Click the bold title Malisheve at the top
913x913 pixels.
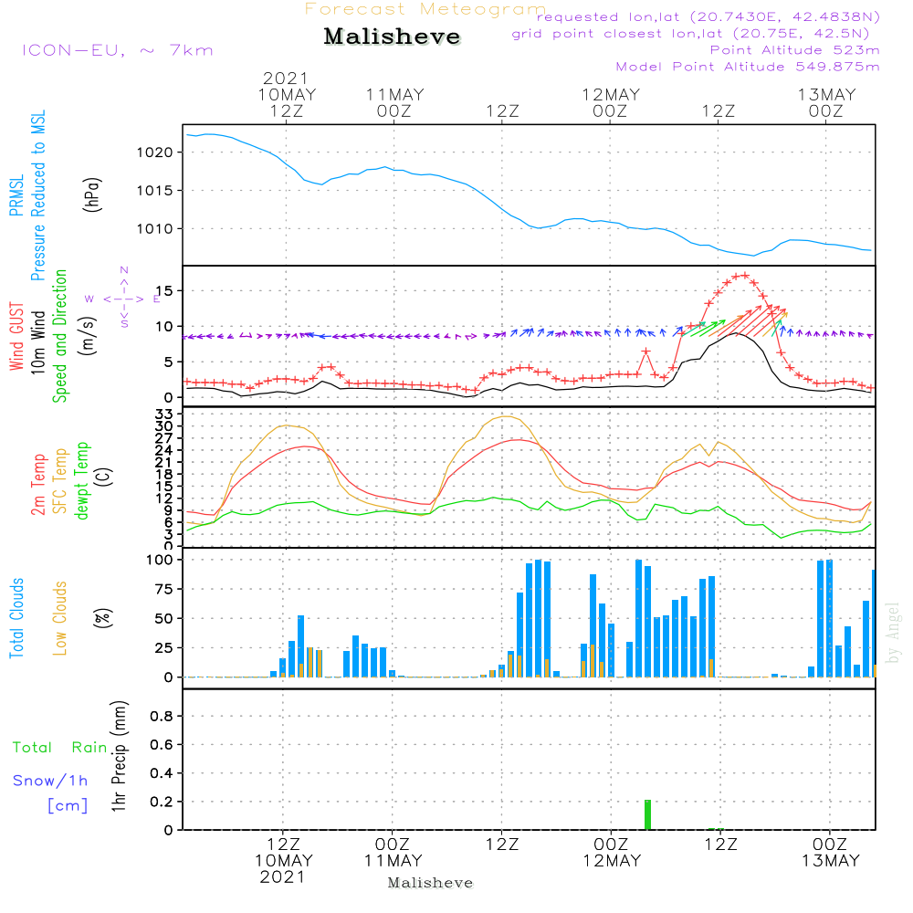[x=392, y=37]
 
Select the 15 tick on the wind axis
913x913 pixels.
[x=170, y=290]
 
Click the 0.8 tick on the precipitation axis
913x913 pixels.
[x=163, y=717]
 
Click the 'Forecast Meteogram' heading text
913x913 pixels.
[x=425, y=9]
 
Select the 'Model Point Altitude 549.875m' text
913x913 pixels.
[x=748, y=67]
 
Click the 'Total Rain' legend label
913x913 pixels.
[x=59, y=748]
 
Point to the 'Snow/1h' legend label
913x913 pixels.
[x=50, y=781]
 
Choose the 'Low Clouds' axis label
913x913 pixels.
[x=60, y=617]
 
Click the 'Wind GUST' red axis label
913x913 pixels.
[x=16, y=337]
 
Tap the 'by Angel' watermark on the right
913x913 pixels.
[x=893, y=631]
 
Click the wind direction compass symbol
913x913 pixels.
[x=123, y=299]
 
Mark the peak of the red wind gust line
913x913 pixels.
[x=742, y=275]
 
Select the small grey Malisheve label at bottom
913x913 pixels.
[x=430, y=883]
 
